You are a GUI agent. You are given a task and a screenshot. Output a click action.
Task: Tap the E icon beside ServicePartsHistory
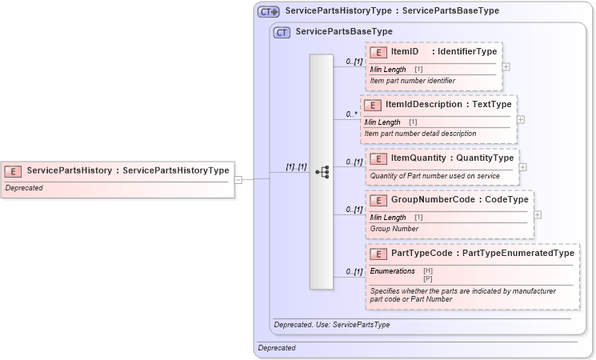[13, 170]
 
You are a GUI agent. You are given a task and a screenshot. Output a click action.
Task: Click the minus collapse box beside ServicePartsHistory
[238, 179]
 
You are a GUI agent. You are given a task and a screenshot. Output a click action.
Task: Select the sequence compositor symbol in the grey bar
[322, 172]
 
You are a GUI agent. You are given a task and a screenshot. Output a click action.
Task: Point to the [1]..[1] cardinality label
[296, 166]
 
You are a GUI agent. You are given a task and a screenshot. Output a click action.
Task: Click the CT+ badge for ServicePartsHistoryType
[268, 11]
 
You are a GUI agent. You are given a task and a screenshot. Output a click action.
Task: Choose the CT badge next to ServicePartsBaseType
[281, 32]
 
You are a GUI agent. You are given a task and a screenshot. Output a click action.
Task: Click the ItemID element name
[404, 52]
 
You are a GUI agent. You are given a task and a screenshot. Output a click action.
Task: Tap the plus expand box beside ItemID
[506, 66]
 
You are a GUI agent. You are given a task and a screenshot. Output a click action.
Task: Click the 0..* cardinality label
[351, 114]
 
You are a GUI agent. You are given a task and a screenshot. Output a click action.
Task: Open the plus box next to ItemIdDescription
[521, 119]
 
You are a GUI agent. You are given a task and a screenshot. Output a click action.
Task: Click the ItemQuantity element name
[418, 158]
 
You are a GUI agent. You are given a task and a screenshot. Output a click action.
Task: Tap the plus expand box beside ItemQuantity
[522, 167]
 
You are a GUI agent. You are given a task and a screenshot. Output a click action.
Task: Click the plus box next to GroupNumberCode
[538, 214]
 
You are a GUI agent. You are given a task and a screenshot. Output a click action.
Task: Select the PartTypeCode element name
[421, 254]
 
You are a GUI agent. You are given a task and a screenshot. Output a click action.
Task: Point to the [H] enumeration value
[428, 270]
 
